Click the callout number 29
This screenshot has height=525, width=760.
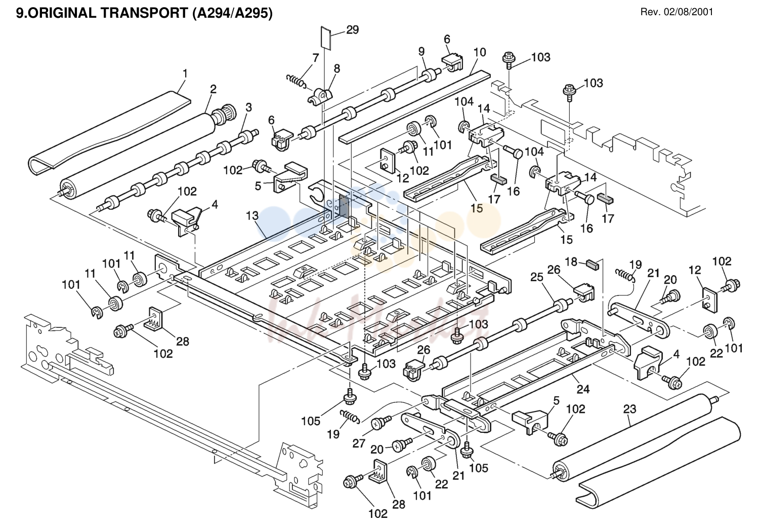coord(353,30)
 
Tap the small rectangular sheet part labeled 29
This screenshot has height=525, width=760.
coord(326,38)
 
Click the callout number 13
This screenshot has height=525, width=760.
coord(252,215)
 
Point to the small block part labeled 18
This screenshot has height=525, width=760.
coord(593,265)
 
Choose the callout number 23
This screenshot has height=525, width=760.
coord(630,409)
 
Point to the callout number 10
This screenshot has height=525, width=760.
coord(480,52)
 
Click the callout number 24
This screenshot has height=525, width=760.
coord(583,389)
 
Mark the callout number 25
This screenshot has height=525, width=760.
coord(537,277)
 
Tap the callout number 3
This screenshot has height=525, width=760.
coord(249,107)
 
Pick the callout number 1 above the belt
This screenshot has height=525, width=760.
coord(185,73)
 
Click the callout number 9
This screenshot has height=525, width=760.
coord(421,52)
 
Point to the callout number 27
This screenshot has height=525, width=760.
coord(359,443)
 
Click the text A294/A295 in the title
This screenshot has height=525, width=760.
coord(233,13)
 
